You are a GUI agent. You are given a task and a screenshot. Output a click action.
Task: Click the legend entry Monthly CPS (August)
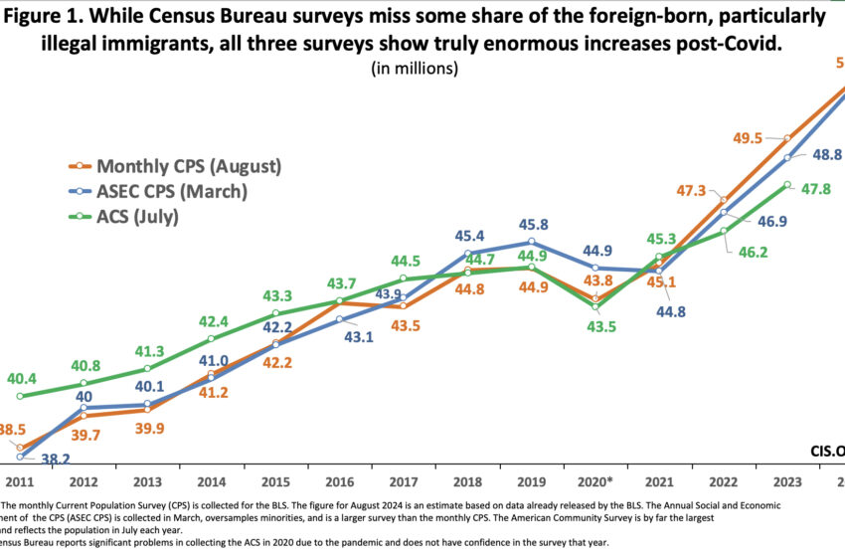[189, 165]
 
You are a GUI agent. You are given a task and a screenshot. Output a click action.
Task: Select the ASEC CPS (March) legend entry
[171, 191]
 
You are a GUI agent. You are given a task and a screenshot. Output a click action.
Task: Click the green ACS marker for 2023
[787, 185]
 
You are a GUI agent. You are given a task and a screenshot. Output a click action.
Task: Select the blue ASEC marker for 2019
[532, 242]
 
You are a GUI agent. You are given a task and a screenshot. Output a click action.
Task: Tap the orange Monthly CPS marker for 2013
[147, 410]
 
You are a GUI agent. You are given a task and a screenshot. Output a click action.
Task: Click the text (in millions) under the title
[415, 69]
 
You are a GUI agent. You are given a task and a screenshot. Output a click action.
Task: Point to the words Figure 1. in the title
[64, 17]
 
